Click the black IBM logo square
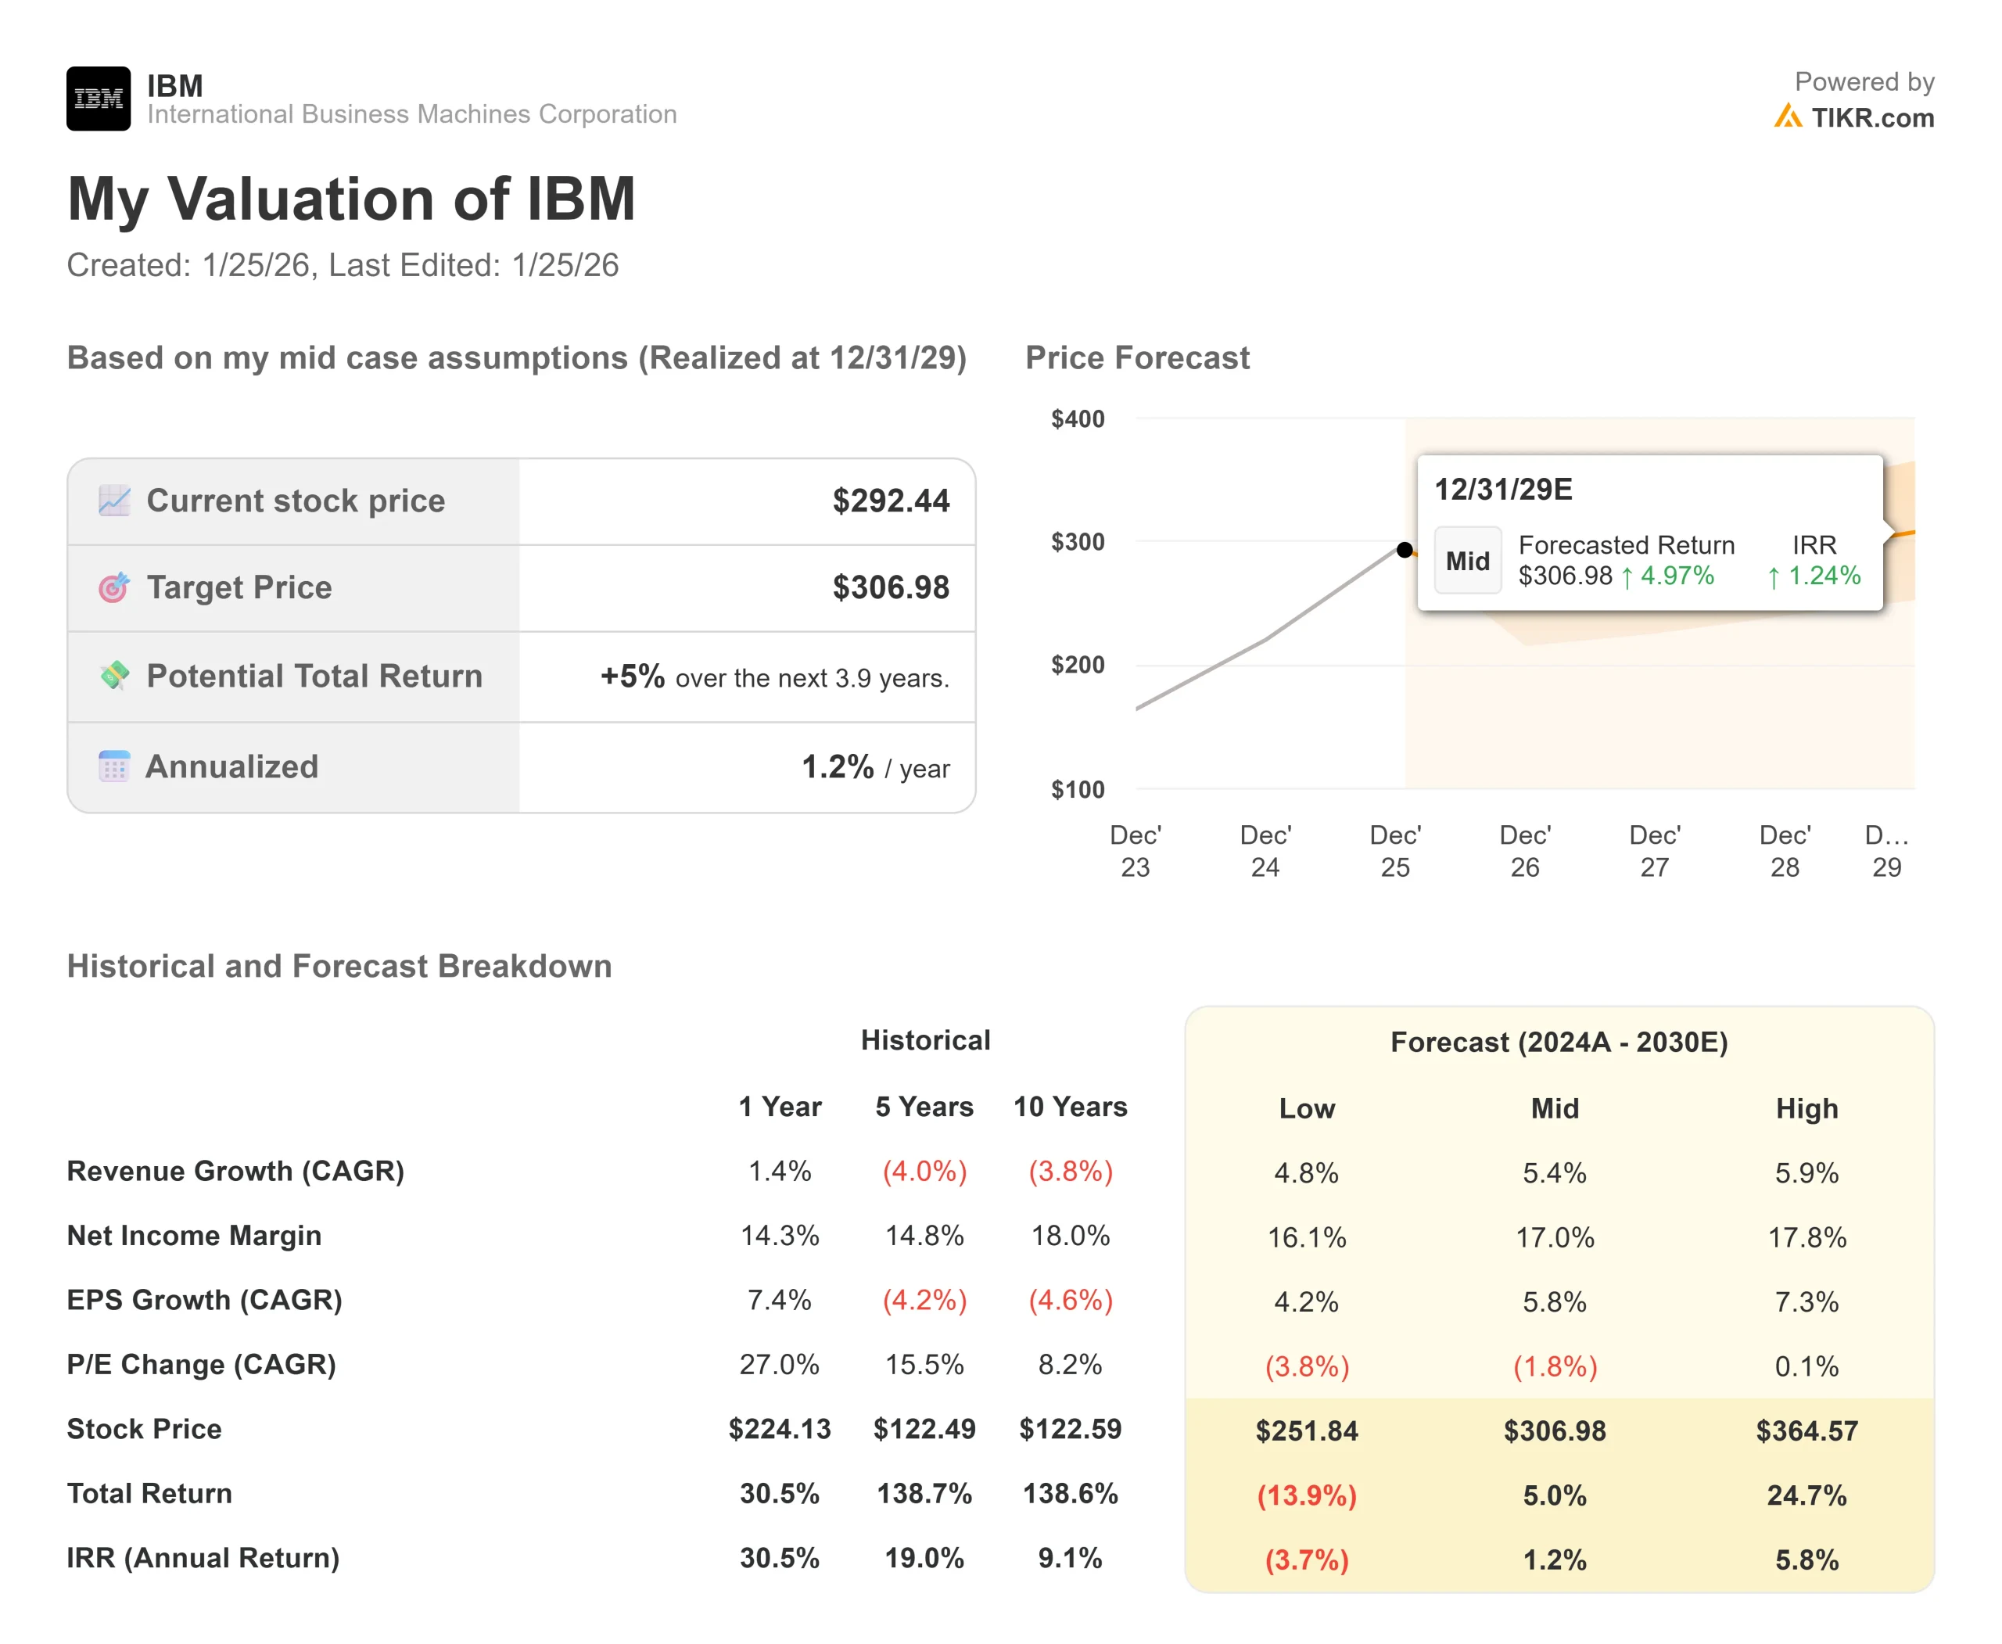point(99,99)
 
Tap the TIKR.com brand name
point(1871,117)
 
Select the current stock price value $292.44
point(890,501)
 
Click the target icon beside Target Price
point(113,588)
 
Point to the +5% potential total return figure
point(632,677)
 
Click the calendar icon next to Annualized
point(113,766)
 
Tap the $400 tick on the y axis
point(1077,418)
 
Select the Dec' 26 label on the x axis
point(1525,850)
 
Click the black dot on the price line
point(1405,549)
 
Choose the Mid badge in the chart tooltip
point(1467,561)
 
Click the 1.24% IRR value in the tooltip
point(1814,576)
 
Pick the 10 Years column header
point(1070,1106)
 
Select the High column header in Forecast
point(1806,1108)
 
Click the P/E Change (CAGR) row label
point(201,1365)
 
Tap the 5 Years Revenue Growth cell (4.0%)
point(924,1172)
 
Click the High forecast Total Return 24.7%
point(1806,1495)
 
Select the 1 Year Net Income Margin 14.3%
point(780,1236)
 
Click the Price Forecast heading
point(1137,358)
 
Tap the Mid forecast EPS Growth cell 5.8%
point(1554,1301)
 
